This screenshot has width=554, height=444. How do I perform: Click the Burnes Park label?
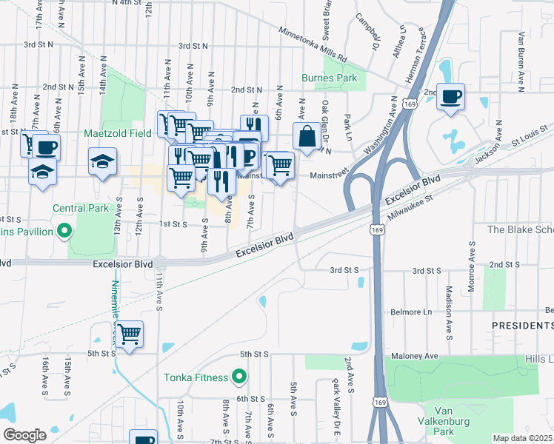pos(330,78)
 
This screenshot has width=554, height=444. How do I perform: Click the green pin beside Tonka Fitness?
pos(238,377)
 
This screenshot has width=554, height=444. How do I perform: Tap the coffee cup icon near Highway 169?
pos(450,98)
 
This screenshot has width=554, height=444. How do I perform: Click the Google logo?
pos(24,435)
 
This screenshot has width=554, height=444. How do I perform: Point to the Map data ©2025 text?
pos(522,438)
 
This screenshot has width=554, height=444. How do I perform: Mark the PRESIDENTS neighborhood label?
pos(523,325)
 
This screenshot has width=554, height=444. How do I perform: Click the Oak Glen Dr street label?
pos(324,123)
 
